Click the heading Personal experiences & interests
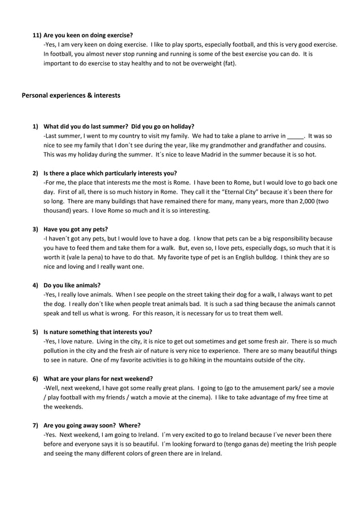71,95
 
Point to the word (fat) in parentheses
226,63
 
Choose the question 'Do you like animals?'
72,285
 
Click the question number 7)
36,425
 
